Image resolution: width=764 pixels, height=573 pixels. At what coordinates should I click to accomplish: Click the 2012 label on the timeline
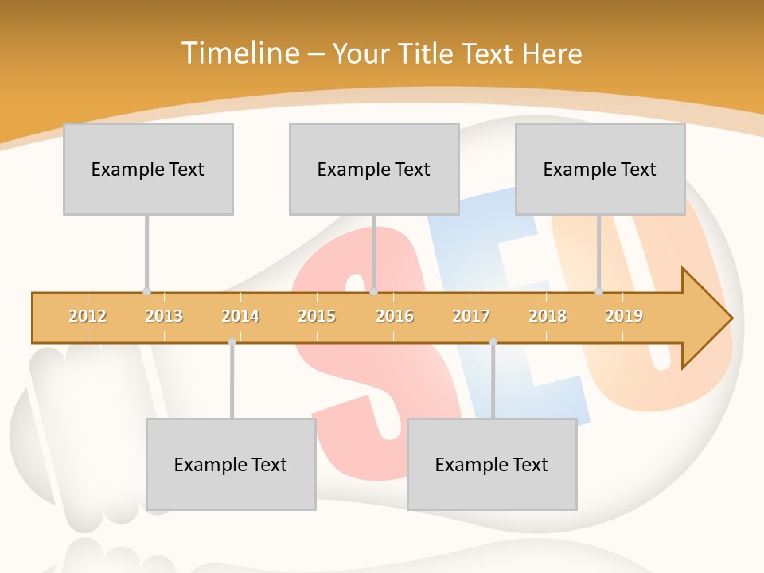88,316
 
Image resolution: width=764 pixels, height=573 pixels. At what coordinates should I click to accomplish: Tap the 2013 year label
164,316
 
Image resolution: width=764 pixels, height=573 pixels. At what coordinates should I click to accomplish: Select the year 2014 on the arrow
240,316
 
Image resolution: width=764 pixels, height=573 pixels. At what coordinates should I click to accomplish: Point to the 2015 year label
317,316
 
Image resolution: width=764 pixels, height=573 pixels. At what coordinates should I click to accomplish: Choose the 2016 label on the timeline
395,316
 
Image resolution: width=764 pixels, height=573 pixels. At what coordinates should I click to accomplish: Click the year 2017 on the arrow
471,316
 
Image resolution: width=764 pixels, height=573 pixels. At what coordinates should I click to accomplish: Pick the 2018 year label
548,316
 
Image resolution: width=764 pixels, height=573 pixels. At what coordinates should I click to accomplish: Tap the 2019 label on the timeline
624,316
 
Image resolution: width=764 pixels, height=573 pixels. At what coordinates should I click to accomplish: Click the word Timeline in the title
238,53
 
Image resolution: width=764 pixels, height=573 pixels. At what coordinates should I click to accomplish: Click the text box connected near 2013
148,169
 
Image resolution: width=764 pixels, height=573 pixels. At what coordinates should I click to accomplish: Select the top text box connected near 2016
374,169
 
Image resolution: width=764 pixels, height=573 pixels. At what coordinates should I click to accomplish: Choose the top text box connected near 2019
600,169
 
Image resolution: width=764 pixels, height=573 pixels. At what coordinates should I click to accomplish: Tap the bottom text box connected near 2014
231,464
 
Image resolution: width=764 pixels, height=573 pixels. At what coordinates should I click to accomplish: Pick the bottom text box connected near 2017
492,464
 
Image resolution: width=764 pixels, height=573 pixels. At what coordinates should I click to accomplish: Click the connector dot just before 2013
146,291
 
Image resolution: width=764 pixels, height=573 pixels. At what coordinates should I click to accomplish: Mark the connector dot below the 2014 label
232,341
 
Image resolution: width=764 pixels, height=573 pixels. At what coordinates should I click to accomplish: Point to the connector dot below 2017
493,341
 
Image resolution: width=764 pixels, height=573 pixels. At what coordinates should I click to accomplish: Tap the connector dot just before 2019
598,291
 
